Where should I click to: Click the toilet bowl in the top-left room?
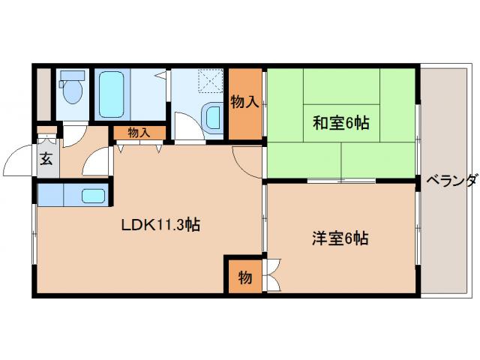(73, 94)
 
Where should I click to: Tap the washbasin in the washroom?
(213, 118)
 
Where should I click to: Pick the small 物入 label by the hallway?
(139, 133)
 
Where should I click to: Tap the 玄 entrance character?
(46, 158)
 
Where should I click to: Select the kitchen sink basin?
(93, 196)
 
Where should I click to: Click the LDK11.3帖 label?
(161, 223)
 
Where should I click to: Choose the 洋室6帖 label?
(340, 239)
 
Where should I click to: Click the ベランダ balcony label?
(451, 181)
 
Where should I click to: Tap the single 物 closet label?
(245, 277)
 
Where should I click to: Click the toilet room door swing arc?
(76, 134)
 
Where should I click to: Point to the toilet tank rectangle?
(73, 76)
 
